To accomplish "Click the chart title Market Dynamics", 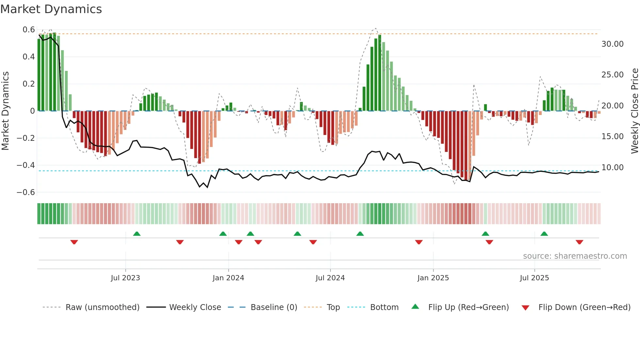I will pyautogui.click(x=51, y=9).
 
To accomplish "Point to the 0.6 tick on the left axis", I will pyautogui.click(x=29, y=30).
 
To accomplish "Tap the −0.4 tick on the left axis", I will pyautogui.click(x=26, y=165).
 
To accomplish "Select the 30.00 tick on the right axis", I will pyautogui.click(x=612, y=44).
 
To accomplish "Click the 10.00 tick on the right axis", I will pyautogui.click(x=612, y=168).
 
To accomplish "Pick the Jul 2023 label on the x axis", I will pyautogui.click(x=125, y=278).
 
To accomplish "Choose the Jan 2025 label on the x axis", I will pyautogui.click(x=433, y=278).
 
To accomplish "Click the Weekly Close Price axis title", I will pyautogui.click(x=634, y=111).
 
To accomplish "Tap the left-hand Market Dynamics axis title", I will pyautogui.click(x=6, y=111).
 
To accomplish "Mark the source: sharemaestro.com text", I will pyautogui.click(x=575, y=256).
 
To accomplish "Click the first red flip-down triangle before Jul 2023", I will pyautogui.click(x=74, y=242).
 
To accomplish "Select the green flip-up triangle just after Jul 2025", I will pyautogui.click(x=544, y=234).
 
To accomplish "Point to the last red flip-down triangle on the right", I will pyautogui.click(x=580, y=242).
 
